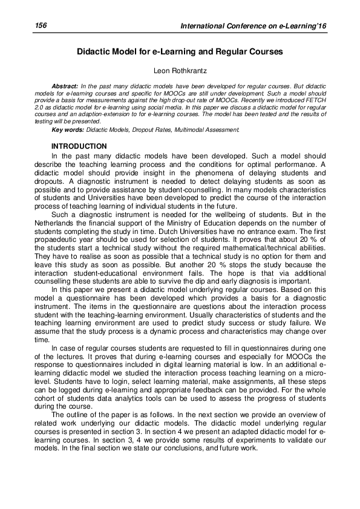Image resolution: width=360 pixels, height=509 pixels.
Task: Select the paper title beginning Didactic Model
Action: (180, 53)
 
